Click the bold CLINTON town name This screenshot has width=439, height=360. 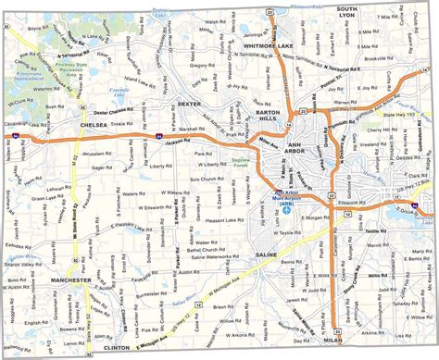118,347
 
